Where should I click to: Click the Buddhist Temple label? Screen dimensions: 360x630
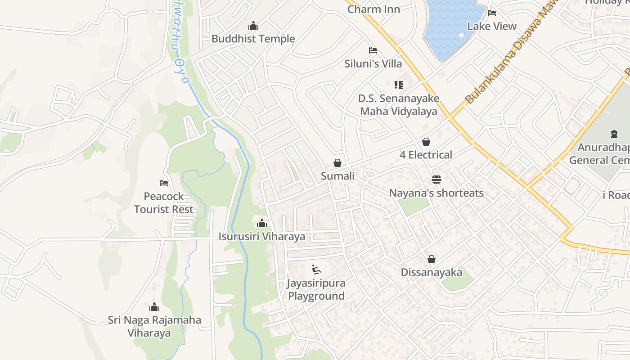(253, 39)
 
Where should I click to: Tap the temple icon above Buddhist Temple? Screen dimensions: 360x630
(253, 26)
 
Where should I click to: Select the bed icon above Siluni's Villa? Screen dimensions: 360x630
(373, 50)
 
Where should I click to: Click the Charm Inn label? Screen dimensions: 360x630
(373, 9)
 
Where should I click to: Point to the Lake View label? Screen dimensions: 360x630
(492, 26)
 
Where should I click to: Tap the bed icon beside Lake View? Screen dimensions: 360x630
(492, 13)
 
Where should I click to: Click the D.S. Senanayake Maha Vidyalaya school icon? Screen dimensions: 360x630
(398, 85)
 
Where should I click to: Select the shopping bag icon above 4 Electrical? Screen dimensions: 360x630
(426, 142)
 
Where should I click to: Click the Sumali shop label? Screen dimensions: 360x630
(337, 176)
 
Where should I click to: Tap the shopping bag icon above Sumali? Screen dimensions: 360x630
(337, 163)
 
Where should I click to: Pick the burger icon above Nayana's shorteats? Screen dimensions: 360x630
(436, 180)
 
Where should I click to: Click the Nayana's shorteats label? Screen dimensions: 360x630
(436, 193)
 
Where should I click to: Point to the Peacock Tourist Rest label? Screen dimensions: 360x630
(164, 203)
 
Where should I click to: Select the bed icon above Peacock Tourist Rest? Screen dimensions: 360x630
(164, 183)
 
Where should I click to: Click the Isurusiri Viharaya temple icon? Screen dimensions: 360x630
(262, 223)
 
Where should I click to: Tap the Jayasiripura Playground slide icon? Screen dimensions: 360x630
(317, 270)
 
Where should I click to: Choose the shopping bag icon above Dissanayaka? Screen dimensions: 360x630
(432, 259)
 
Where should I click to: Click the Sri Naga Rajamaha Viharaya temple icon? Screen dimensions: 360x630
(154, 307)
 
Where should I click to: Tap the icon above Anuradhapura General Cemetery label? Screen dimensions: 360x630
(614, 134)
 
